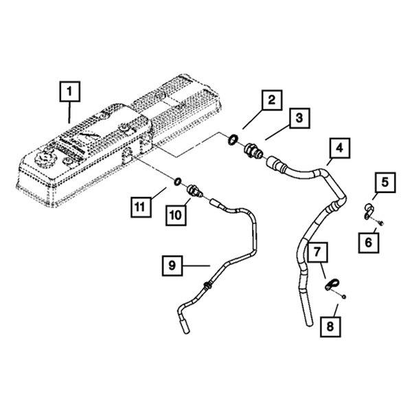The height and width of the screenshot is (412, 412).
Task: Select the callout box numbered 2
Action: (x=271, y=101)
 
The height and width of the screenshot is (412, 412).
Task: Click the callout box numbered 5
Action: (x=385, y=183)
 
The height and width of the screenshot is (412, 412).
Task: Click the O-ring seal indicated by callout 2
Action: (x=233, y=142)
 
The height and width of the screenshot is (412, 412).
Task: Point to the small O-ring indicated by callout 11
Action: (x=177, y=182)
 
